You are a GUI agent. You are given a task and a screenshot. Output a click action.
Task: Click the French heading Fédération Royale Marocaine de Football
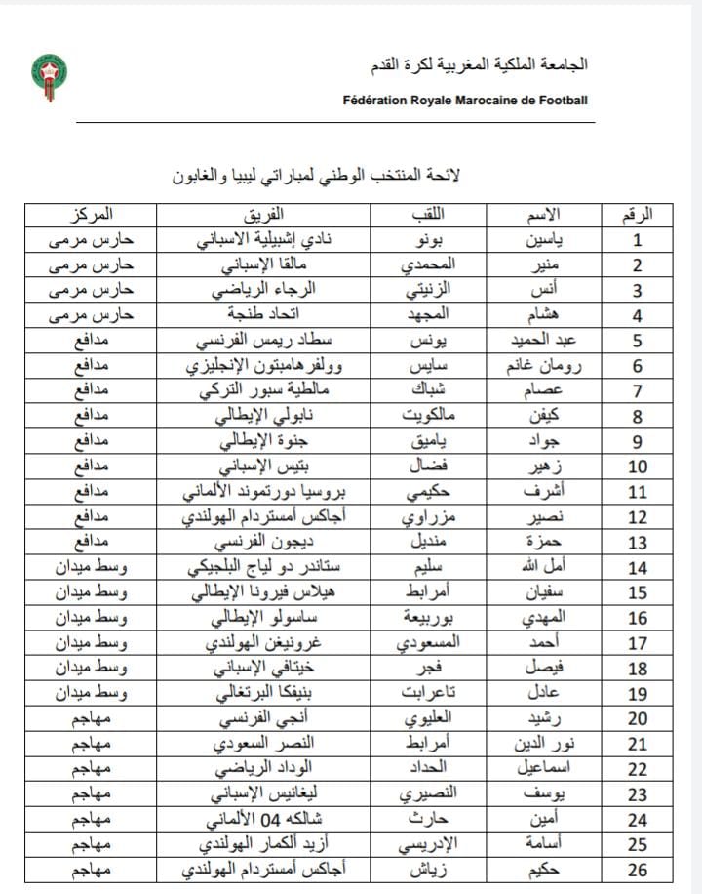[x=465, y=100]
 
